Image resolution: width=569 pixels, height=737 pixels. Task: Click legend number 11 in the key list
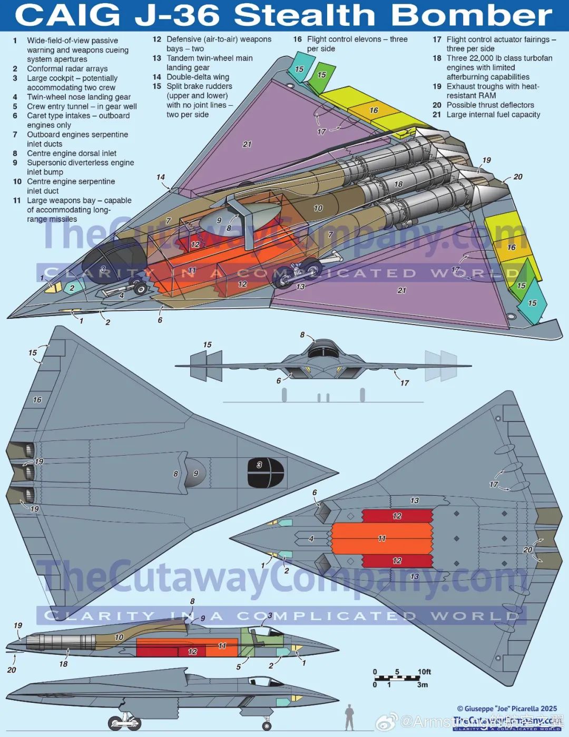tap(17, 201)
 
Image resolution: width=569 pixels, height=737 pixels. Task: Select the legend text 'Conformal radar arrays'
tap(67, 68)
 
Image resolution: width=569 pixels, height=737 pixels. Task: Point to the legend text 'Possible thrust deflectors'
tap(490, 105)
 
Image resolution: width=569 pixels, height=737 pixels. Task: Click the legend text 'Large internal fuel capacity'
tap(493, 114)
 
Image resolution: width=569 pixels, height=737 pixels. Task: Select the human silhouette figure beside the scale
tap(349, 717)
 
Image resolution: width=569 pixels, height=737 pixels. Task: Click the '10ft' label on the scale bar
tap(424, 672)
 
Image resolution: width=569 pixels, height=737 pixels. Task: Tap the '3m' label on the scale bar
tap(422, 685)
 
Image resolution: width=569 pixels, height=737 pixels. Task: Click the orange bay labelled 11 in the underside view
tap(381, 538)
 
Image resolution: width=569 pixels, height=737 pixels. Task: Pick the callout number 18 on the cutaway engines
tap(398, 184)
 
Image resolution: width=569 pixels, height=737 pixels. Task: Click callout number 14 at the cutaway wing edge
tap(161, 178)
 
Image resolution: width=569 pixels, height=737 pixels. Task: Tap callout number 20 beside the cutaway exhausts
tap(518, 177)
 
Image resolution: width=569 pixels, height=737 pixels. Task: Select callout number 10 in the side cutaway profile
tap(119, 637)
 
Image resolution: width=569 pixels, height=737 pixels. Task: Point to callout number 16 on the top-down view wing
tap(37, 400)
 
